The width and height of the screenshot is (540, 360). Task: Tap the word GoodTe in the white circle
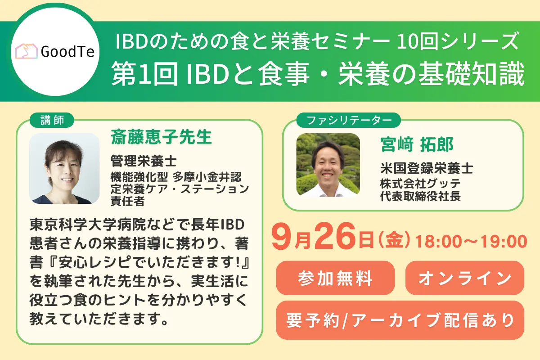click(67, 52)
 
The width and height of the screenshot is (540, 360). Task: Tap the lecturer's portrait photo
click(64, 168)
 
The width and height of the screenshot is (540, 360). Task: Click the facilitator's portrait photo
click(328, 165)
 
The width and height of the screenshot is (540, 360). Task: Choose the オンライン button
click(464, 278)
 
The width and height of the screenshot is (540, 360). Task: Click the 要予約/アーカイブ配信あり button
click(400, 320)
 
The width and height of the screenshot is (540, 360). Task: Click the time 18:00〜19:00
click(471, 241)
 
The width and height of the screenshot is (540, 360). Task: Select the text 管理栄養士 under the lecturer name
click(144, 160)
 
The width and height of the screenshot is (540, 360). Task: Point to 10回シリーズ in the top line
click(456, 42)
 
